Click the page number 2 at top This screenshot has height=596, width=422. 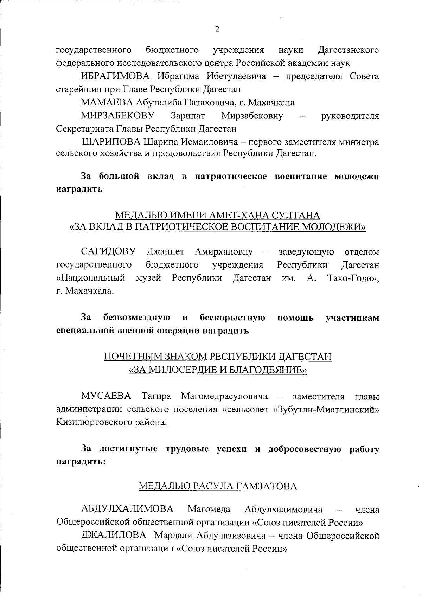217,29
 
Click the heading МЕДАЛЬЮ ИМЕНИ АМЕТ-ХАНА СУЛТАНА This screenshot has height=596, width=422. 218,215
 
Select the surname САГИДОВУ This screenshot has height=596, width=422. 108,252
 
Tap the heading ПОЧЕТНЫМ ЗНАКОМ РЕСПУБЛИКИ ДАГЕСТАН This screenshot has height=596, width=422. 218,357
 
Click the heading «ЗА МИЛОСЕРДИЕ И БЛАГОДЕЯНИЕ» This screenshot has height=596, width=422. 218,370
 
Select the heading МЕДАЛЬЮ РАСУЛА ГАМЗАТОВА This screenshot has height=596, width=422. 218,486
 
